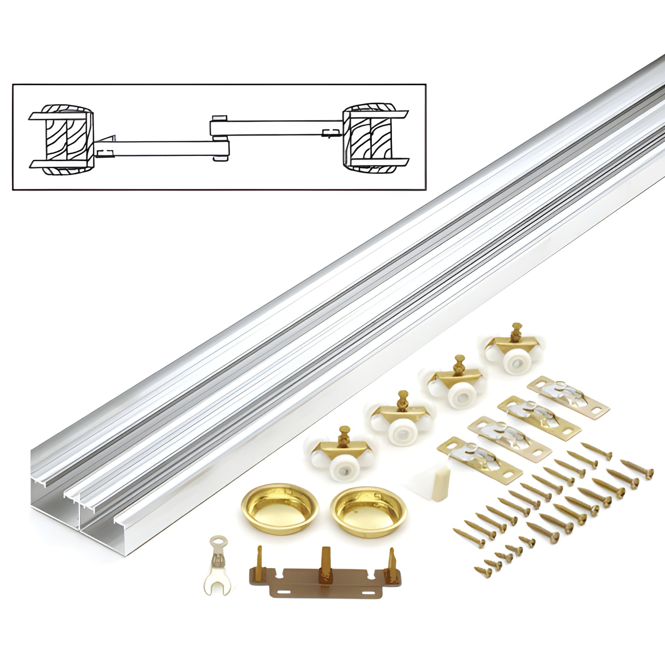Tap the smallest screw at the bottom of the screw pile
click(x=482, y=571)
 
